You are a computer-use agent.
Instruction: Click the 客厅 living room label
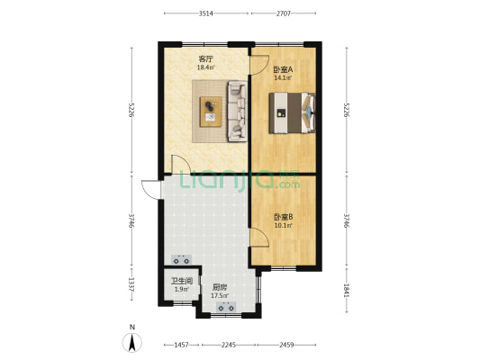(x=205, y=59)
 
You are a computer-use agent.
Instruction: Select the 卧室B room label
(x=285, y=216)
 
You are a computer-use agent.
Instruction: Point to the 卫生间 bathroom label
(x=182, y=281)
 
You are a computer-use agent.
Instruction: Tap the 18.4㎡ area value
(x=205, y=67)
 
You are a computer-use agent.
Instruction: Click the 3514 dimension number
(x=206, y=13)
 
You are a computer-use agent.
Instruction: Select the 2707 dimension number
(x=283, y=13)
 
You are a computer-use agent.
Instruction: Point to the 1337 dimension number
(x=132, y=286)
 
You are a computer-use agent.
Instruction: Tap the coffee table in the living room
(x=212, y=109)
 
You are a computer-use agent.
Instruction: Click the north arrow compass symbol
(x=132, y=340)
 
